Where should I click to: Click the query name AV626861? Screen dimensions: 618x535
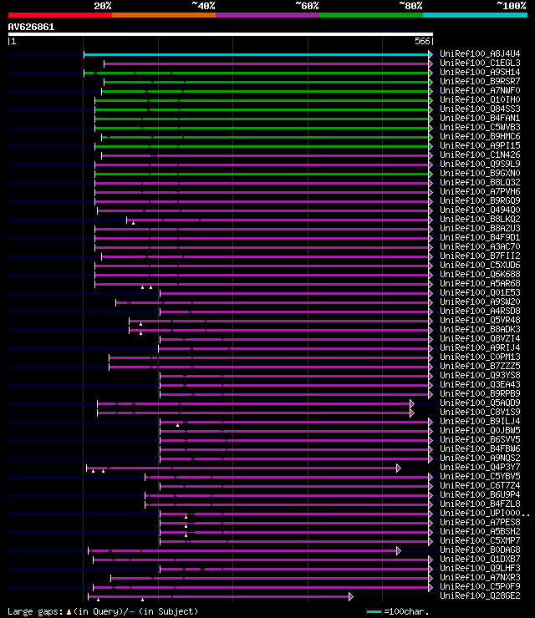point(32,27)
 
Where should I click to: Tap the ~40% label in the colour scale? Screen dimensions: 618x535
point(203,5)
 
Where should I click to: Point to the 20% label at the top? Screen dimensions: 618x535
point(102,5)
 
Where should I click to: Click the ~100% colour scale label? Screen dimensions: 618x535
point(511,5)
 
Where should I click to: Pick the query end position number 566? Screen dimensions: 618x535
point(421,41)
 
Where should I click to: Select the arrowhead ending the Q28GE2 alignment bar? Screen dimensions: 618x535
point(351,596)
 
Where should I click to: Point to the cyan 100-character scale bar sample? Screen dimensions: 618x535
point(373,611)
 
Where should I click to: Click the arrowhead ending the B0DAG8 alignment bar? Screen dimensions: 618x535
point(399,550)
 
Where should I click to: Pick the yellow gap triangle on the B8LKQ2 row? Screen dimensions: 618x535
point(132,223)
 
